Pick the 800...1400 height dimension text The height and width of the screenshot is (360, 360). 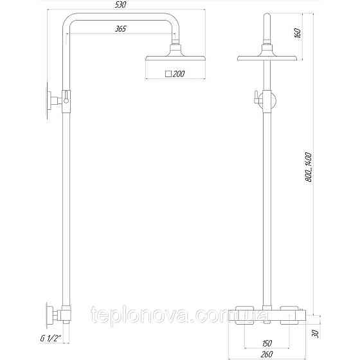click(308, 167)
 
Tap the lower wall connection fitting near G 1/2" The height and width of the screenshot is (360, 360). click(57, 316)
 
